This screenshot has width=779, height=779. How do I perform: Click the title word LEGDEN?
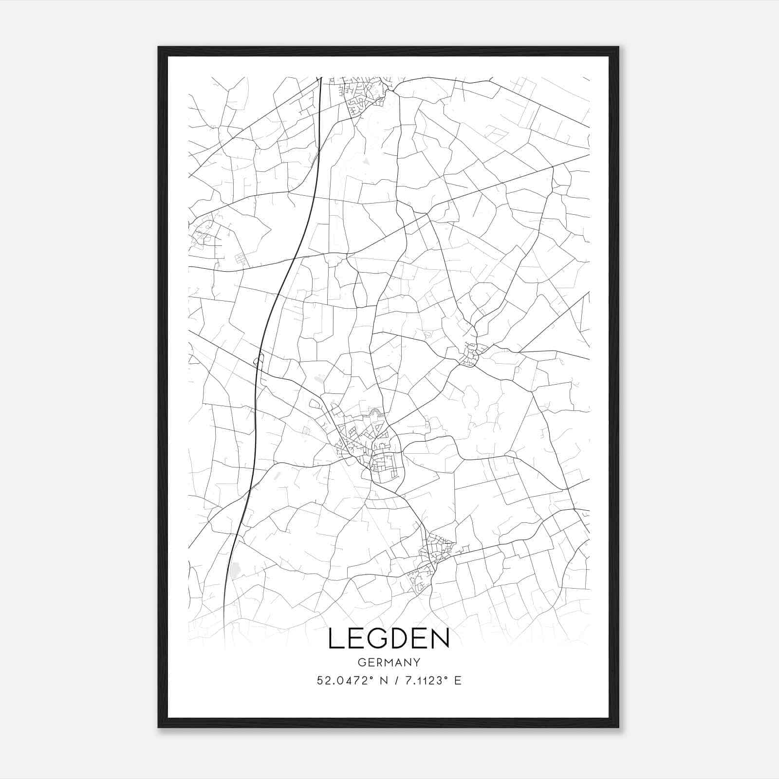coord(389,639)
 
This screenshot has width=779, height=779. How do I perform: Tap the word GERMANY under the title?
coord(389,662)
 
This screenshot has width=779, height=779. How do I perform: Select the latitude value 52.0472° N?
coord(347,681)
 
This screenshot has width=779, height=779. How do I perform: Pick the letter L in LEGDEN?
coord(335,639)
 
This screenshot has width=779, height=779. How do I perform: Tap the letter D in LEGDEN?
coord(394,639)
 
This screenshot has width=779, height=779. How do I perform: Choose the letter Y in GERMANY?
coord(416,662)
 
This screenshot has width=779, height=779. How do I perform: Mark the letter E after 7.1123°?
coord(457,681)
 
